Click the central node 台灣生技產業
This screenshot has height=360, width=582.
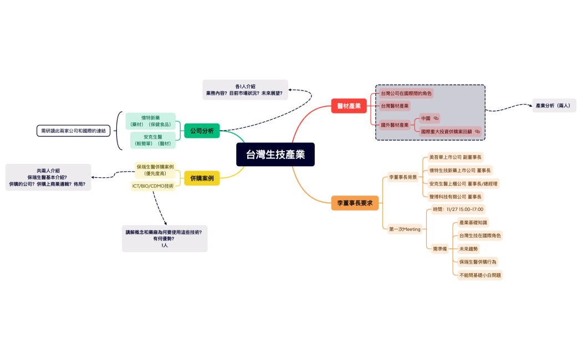click(x=275, y=155)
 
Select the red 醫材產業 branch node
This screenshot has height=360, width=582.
click(x=349, y=106)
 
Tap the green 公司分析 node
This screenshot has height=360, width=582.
click(x=202, y=131)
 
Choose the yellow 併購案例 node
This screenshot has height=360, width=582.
click(x=202, y=178)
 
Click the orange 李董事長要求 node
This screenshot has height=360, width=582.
click(x=355, y=203)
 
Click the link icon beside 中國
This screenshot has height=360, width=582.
click(x=436, y=119)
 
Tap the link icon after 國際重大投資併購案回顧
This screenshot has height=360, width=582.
click(x=477, y=132)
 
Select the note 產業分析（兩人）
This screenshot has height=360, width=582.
click(x=554, y=105)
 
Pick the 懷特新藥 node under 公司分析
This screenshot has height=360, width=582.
click(x=150, y=121)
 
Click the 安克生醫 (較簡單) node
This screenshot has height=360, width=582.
click(x=152, y=140)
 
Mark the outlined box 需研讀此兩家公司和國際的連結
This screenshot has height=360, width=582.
click(x=74, y=131)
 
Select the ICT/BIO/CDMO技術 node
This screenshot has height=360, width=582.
click(x=153, y=186)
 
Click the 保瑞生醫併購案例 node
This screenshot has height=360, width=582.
click(x=155, y=169)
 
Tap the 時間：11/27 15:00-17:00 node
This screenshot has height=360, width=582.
click(x=458, y=209)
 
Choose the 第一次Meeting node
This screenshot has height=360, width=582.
click(x=405, y=229)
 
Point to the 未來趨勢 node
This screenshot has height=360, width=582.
click(x=468, y=249)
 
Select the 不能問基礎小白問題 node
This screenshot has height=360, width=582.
click(x=480, y=275)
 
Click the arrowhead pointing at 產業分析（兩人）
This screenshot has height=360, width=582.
click(x=529, y=105)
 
